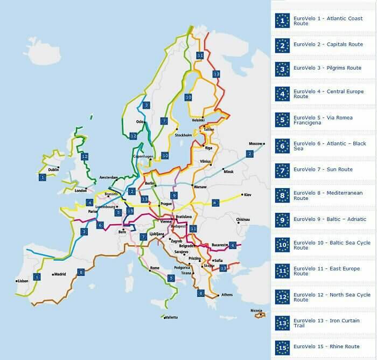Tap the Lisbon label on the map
coord(23,281)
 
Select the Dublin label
coord(53,170)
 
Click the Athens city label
coord(227,295)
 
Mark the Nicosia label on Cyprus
coord(256,310)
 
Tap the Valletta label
coord(171,317)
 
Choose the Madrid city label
coord(59,274)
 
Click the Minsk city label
coord(228,171)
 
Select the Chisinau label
coord(243,219)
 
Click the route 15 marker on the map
coord(130,211)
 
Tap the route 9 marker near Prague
coord(173,195)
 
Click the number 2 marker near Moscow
coord(249,154)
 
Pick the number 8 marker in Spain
coord(81,272)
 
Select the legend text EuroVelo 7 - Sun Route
coord(323,169)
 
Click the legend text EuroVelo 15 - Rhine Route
coord(326,347)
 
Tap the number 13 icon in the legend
coord(282,323)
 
